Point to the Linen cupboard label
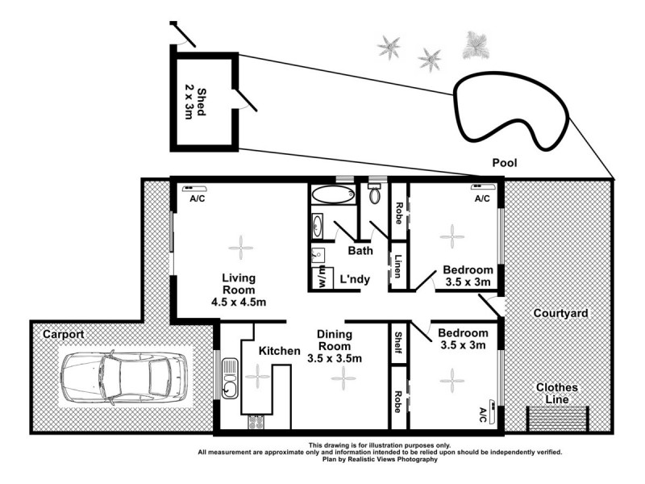click(398, 267)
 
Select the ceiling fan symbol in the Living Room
click(239, 246)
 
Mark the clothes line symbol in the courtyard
click(558, 418)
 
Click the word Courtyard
click(558, 312)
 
